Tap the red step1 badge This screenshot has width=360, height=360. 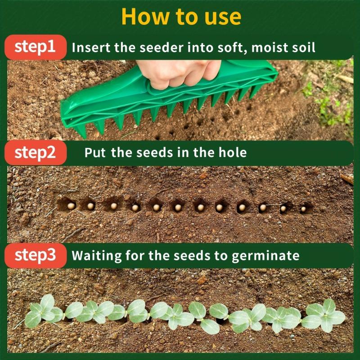pos(35,47)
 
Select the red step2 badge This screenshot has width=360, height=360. pos(35,153)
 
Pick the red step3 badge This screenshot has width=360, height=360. pos(35,255)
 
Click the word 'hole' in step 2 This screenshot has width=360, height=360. pos(233,153)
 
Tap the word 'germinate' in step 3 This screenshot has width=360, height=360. pos(265,256)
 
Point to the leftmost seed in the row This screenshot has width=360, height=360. pos(71,206)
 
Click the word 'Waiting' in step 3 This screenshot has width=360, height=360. pos(96,256)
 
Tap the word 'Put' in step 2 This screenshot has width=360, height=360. pos(95,153)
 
